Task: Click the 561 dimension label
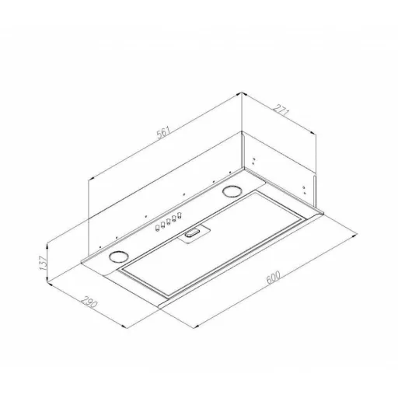point(164,132)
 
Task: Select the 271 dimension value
point(281,110)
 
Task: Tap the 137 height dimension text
point(43,263)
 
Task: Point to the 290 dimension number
point(89,302)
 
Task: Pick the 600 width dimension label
point(273,278)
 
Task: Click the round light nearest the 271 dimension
point(231,191)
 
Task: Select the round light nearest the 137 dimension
point(119,257)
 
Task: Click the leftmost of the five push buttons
point(157,228)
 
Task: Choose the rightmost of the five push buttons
point(180,215)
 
